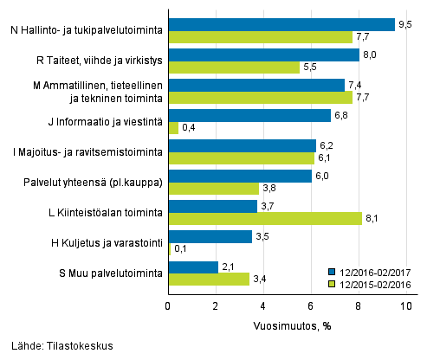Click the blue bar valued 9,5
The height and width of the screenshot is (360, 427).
pos(281,24)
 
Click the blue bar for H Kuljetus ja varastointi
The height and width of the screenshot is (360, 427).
pos(210,236)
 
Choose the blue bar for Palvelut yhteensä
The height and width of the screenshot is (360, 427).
pos(240,176)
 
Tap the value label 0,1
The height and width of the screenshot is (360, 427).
pos(182,249)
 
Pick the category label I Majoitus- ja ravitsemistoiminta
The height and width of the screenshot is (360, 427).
pos(84,152)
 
